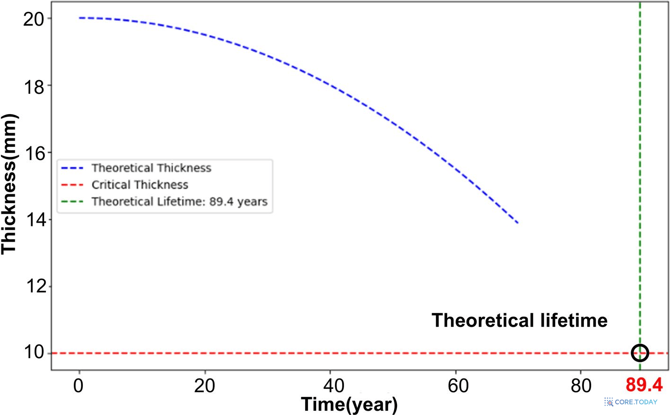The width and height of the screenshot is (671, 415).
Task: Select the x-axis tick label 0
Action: [79, 386]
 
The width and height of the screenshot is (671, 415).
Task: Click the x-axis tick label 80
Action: [581, 386]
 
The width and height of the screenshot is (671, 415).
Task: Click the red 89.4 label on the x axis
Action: [644, 385]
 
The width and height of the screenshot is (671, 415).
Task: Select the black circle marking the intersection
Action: [640, 352]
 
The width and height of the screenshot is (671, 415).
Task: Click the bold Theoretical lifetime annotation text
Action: [519, 321]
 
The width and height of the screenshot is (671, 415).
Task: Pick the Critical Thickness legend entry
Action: [140, 185]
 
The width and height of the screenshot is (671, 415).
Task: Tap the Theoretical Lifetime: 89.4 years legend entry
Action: [179, 202]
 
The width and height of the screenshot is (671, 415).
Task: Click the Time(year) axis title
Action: [349, 405]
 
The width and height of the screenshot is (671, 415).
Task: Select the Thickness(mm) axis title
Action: [9, 184]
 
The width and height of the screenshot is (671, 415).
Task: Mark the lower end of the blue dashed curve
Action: [517, 222]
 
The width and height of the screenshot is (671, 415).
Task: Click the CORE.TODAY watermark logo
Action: [631, 402]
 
